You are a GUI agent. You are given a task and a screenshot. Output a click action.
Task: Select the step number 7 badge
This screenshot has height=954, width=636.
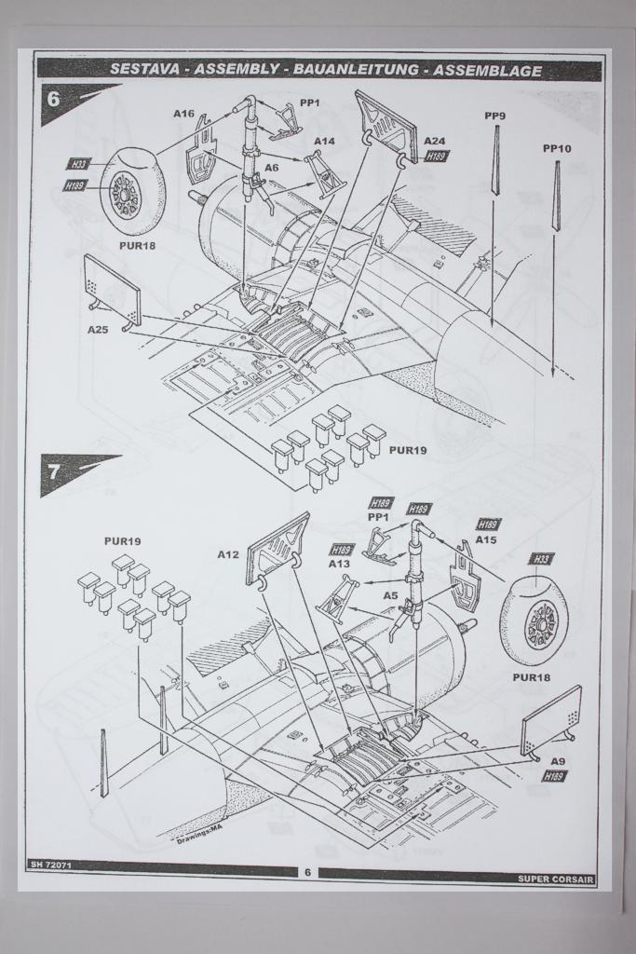point(54,470)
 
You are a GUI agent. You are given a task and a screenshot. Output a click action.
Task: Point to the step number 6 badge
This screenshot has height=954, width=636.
point(54,98)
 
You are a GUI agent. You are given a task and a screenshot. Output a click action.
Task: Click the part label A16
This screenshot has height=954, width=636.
point(183,114)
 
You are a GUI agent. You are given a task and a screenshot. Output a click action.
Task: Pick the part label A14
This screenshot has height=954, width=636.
point(324,142)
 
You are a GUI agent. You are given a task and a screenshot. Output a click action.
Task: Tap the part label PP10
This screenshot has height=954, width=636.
point(557,149)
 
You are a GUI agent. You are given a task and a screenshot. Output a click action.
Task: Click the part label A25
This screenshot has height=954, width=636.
point(99,330)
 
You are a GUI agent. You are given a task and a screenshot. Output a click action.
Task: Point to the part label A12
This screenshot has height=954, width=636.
point(229,554)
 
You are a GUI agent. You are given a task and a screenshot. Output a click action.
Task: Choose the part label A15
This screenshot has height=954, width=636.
point(486,539)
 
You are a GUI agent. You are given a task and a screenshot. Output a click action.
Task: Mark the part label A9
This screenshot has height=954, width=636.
point(558,761)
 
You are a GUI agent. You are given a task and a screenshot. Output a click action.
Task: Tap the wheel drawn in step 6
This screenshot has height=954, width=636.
point(129,192)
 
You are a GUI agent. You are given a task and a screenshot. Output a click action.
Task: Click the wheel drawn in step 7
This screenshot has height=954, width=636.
point(535,621)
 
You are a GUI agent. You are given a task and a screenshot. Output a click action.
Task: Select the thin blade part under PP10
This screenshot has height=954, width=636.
point(556,196)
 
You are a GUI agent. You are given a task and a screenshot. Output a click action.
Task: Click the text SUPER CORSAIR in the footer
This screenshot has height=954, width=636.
point(556,879)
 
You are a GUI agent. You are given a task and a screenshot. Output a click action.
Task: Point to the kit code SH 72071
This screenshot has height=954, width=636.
point(51,866)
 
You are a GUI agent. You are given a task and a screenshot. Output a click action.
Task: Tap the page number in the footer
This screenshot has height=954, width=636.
point(307,873)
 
